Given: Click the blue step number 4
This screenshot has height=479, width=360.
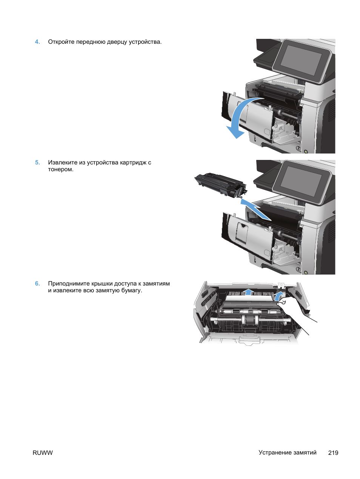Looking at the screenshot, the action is coord(37,42).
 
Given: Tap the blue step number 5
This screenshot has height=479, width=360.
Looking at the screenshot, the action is coord(37,162).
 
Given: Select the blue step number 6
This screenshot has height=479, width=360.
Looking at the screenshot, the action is coord(37,284).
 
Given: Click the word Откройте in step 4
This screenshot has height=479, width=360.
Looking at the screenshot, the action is coord(61,42).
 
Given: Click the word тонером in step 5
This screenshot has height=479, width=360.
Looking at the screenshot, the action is coord(61,170).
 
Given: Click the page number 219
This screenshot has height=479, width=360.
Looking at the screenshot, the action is coord(333,453).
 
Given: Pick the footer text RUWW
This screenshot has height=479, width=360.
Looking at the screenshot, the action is coord(43,453).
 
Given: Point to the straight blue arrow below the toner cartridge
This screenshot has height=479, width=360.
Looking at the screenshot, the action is coord(256,209).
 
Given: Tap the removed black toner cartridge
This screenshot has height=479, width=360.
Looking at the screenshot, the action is coord(220,185).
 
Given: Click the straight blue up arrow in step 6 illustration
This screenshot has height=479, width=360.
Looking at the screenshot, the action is coord(248,292).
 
